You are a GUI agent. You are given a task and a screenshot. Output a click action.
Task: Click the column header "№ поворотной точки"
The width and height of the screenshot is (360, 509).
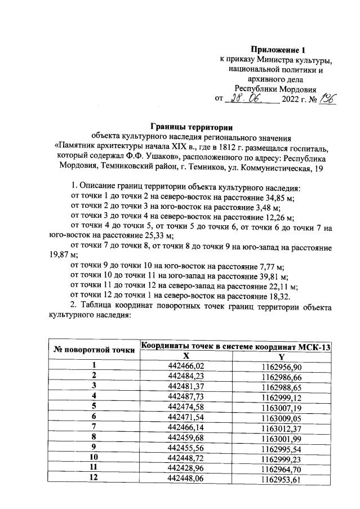(94, 350)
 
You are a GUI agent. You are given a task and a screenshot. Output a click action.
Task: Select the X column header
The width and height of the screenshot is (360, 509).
(186, 356)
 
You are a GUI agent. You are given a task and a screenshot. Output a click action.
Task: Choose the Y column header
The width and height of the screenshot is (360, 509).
(281, 356)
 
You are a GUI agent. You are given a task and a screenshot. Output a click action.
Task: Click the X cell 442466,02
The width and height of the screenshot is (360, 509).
(186, 367)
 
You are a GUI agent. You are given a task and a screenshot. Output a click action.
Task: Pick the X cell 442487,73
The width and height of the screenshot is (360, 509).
(186, 397)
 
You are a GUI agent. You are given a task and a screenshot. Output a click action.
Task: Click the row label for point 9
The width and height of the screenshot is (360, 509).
(94, 448)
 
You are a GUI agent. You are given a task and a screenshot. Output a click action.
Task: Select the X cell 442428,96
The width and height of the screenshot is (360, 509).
(186, 468)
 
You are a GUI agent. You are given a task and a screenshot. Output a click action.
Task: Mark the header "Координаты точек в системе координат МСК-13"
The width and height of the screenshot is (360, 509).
(235, 346)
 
